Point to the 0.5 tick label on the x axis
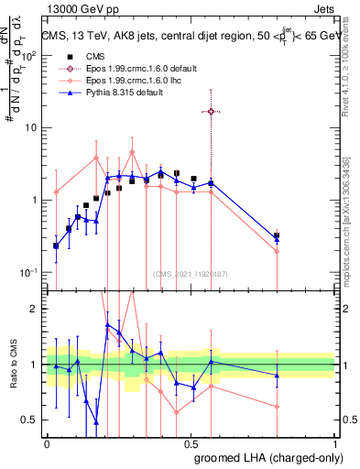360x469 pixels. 191,442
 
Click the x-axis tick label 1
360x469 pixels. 335,442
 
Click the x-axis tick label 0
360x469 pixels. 48,442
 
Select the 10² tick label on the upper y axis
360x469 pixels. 29,56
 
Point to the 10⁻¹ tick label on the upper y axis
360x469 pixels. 29,272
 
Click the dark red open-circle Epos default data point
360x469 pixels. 212,111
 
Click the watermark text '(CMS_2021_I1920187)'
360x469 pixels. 190,274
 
